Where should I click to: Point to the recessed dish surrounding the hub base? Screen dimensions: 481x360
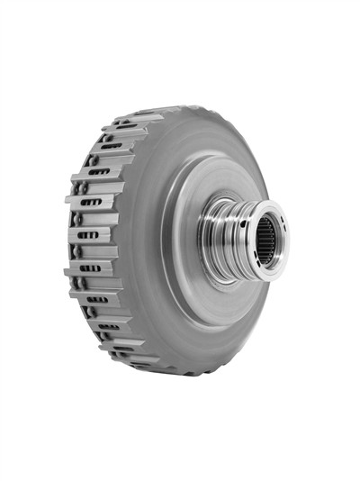click(x=193, y=270)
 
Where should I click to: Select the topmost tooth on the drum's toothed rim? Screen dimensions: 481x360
click(x=144, y=115)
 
